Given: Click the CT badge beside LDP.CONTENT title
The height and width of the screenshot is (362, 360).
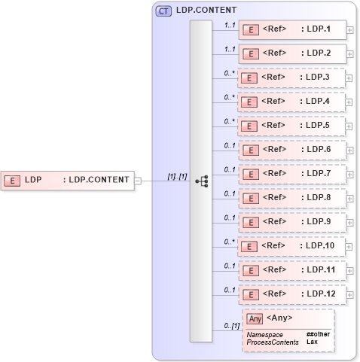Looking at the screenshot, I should (162, 11).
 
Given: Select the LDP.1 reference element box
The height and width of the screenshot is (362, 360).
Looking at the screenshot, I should (292, 30).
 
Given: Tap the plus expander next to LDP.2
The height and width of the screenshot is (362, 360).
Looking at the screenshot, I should (349, 54).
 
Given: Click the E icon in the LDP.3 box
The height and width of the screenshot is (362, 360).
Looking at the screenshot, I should (252, 78).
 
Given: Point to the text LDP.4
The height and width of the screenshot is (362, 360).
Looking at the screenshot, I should (319, 102).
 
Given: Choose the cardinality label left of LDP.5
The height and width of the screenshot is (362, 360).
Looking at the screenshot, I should (229, 121).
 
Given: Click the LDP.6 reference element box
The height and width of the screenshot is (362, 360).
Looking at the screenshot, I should (292, 150).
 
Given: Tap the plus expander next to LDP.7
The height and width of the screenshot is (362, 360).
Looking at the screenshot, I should (349, 174).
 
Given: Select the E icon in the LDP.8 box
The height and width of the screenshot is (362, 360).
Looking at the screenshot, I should (252, 198).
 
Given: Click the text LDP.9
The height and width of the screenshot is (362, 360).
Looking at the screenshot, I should (319, 221).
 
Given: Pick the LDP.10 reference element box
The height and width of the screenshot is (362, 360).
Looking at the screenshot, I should (292, 245).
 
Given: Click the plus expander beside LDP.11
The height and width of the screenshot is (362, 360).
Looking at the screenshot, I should (349, 269).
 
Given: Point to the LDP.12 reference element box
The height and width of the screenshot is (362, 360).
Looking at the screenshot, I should (292, 294).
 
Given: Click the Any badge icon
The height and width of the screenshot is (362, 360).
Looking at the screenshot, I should (255, 318).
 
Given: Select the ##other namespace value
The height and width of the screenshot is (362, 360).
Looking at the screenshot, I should (318, 333).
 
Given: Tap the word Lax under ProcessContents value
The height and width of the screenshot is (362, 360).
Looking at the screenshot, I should (312, 342).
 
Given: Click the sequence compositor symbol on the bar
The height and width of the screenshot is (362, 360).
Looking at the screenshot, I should (201, 181).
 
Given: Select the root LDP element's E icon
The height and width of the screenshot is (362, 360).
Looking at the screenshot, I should (13, 180).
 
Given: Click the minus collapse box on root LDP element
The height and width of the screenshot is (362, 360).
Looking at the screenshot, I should (137, 180).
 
